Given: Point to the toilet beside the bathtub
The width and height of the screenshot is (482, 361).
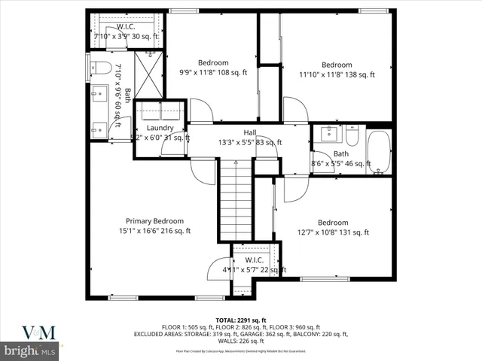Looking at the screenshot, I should (352, 136).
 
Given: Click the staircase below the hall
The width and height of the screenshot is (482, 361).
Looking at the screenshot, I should (235, 199).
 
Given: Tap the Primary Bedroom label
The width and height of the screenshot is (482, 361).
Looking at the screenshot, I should (154, 221).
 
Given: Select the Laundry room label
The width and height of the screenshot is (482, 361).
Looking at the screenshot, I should (160, 128).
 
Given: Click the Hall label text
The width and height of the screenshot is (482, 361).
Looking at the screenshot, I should (249, 132).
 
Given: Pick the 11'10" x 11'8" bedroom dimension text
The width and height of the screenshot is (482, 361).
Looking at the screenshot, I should (337, 75).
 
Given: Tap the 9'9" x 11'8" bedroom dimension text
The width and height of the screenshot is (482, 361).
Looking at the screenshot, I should (212, 73).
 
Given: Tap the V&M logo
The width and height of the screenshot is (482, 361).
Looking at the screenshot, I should (30, 332).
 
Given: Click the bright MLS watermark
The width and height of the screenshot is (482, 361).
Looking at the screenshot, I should (30, 351).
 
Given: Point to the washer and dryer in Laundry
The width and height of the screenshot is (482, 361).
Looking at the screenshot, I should (160, 111).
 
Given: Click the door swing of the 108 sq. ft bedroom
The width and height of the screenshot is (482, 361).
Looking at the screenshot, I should (200, 111).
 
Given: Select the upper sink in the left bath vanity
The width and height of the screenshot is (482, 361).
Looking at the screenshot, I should (97, 94).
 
